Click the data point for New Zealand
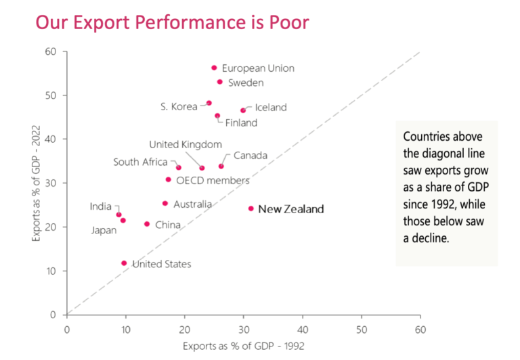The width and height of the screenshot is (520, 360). coord(251,208)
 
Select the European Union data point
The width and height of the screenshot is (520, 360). coord(214,68)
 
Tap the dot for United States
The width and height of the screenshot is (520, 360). coord(124,263)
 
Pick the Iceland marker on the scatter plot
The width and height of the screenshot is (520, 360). coord(243,110)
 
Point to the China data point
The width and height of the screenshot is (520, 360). coord(147,224)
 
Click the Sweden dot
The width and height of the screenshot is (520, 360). coord(219,82)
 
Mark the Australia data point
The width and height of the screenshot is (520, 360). coord(165,203)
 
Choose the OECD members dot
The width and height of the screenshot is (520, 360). coord(169,179)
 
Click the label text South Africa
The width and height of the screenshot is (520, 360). coord(140,162)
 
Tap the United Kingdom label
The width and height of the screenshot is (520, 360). coord(186,144)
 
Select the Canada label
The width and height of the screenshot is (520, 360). coord(250,156)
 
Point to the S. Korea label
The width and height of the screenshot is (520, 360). coord(179,106)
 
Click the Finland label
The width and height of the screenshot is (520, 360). coord(241,123)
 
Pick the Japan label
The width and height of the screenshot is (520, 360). coord(104,230)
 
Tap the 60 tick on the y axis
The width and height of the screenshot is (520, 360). coord(50,51)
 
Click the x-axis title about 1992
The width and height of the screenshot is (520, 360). coord(243,346)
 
